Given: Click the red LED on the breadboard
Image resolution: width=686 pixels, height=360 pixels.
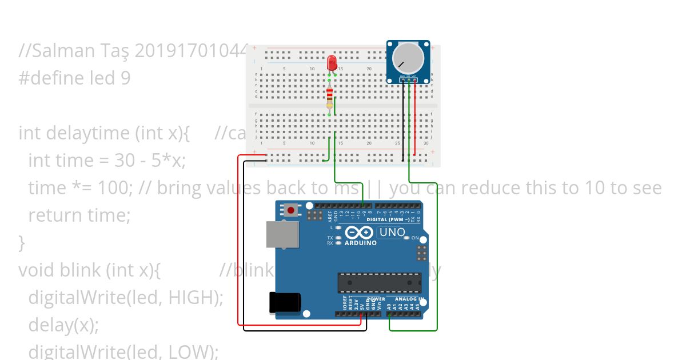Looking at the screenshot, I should click(x=332, y=63).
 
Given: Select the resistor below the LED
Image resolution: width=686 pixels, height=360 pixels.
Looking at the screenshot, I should click(x=329, y=98).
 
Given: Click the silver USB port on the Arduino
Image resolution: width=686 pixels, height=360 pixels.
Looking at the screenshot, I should click(x=282, y=234).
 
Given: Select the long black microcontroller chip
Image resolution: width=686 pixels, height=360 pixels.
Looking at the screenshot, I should click(x=379, y=282).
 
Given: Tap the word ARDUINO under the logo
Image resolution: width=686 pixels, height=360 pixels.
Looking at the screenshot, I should click(x=360, y=243).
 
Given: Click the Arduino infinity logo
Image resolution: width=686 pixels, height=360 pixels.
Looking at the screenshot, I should click(x=360, y=233).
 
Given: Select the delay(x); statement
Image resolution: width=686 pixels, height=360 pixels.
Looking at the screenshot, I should click(x=63, y=325).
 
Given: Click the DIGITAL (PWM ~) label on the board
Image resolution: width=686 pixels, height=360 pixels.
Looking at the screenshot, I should click(x=387, y=219).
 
